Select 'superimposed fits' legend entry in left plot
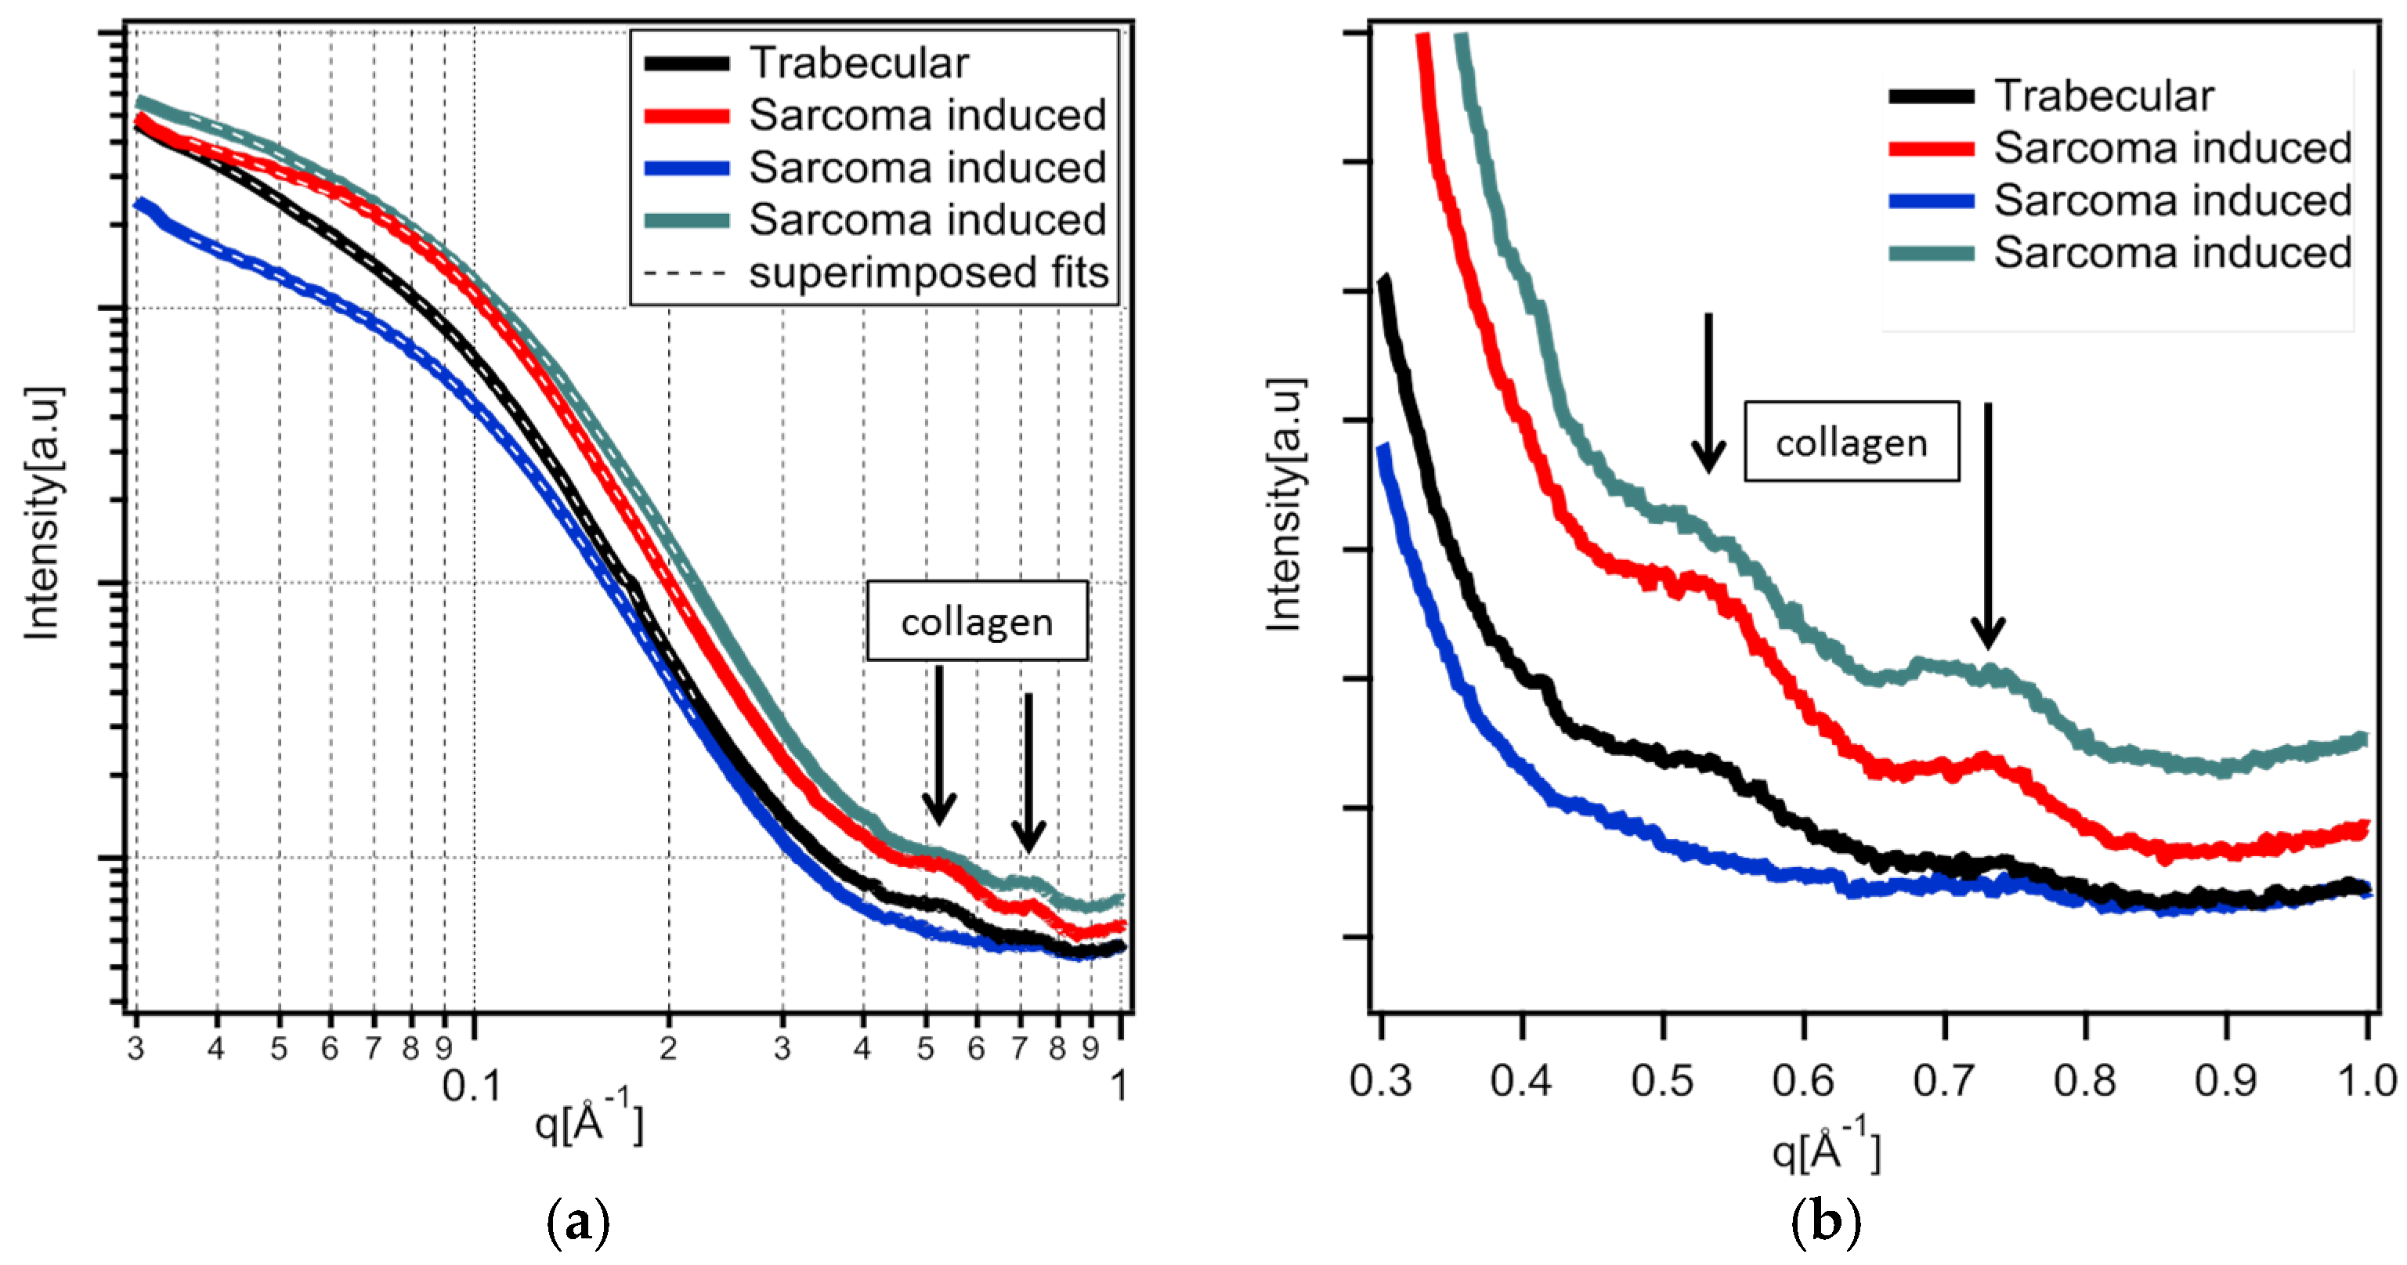click(x=928, y=273)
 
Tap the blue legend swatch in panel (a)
click(x=687, y=168)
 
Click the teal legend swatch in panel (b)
click(x=1932, y=253)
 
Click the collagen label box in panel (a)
click(x=977, y=621)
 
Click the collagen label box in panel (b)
click(x=1851, y=442)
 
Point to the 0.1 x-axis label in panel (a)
click(x=472, y=1086)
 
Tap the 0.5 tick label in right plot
click(x=1662, y=1081)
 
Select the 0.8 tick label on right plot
click(x=2084, y=1081)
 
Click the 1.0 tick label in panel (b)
click(x=2366, y=1081)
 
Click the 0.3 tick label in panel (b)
click(x=1380, y=1081)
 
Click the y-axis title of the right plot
click(x=1285, y=504)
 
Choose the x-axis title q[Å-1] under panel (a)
click(x=589, y=1121)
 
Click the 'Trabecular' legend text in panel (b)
click(x=2103, y=96)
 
